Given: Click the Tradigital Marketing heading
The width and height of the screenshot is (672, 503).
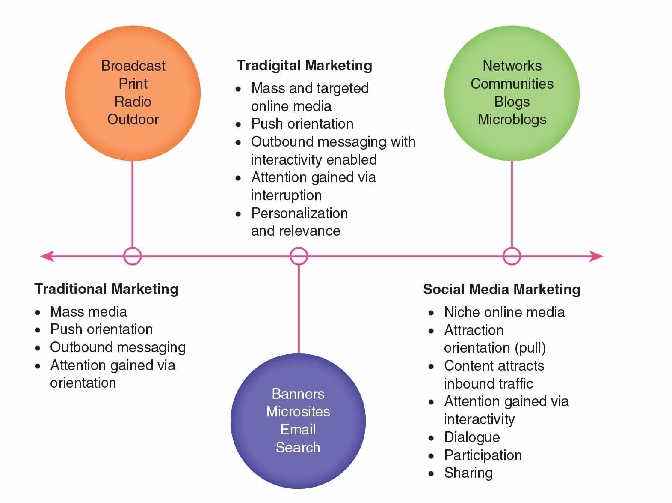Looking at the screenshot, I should (304, 66).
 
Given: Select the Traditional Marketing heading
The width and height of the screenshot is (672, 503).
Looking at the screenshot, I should (106, 289).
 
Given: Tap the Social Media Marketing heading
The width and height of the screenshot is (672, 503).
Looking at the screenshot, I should (501, 290).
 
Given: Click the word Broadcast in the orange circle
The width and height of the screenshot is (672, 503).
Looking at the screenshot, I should (133, 66).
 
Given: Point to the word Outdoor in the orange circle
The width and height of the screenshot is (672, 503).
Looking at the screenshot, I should (133, 119).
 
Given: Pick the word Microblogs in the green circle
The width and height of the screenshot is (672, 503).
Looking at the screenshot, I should (512, 119).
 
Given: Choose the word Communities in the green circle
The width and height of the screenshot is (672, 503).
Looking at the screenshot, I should (512, 84).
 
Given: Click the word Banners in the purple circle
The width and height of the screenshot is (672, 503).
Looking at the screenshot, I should (298, 394).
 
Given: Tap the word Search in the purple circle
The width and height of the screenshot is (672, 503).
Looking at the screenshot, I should (298, 447).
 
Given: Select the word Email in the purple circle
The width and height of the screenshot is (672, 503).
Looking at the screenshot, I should (298, 429).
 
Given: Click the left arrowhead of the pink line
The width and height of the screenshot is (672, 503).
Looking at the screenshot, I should (46, 256).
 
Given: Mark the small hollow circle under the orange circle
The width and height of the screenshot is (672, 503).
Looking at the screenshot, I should (132, 256).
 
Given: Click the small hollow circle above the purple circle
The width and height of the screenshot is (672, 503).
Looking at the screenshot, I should (299, 256).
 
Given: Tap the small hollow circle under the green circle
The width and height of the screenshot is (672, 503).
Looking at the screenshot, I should (512, 256).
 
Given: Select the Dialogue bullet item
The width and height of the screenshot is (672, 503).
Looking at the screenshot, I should (472, 437).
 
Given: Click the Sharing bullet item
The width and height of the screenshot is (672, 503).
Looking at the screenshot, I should (468, 473).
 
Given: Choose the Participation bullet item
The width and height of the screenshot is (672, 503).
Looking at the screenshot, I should (483, 455).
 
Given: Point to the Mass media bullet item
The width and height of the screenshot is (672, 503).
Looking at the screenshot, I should (89, 311).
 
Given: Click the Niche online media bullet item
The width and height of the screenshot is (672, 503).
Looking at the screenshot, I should (504, 312).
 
